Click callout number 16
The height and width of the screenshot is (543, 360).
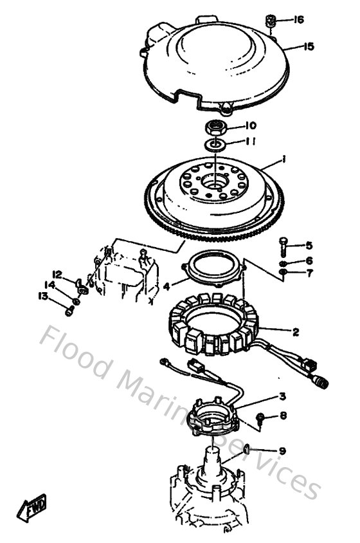298,20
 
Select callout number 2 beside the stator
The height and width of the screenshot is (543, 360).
295,333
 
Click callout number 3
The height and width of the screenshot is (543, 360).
282,397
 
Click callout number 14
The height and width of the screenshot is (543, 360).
50,284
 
